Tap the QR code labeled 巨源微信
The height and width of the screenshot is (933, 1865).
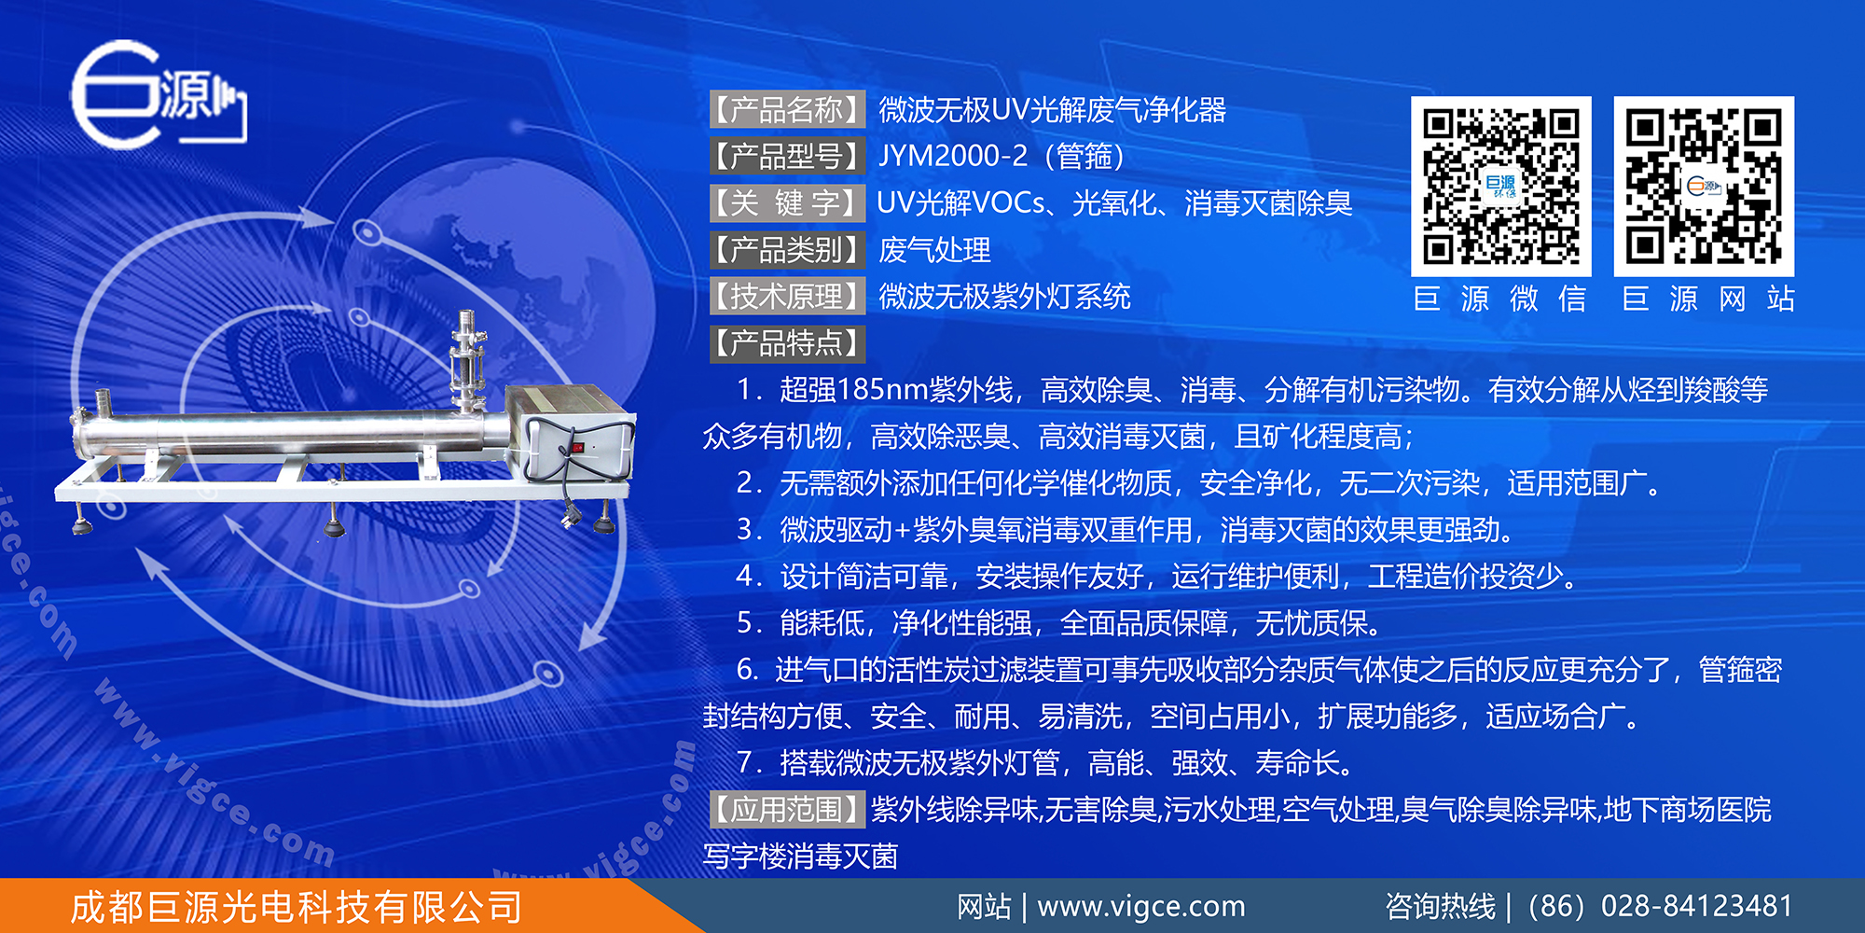tap(1500, 187)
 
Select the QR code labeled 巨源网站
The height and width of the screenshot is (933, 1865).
tap(1704, 187)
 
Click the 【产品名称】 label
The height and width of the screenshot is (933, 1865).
tap(787, 110)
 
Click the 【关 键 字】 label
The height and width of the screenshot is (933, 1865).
tap(787, 202)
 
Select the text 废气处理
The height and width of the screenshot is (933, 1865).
tap(934, 250)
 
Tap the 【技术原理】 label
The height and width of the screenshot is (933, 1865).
tap(787, 297)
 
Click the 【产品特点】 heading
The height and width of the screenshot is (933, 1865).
tap(787, 343)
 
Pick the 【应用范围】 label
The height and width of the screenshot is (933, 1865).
tap(787, 809)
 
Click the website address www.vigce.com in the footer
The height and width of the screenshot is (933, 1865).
tap(1140, 906)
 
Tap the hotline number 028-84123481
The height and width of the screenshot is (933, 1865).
tap(1696, 906)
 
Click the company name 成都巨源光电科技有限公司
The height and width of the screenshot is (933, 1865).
tap(297, 907)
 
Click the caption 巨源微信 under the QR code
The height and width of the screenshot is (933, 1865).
tap(1499, 299)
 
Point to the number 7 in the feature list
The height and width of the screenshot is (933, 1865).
tap(746, 763)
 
